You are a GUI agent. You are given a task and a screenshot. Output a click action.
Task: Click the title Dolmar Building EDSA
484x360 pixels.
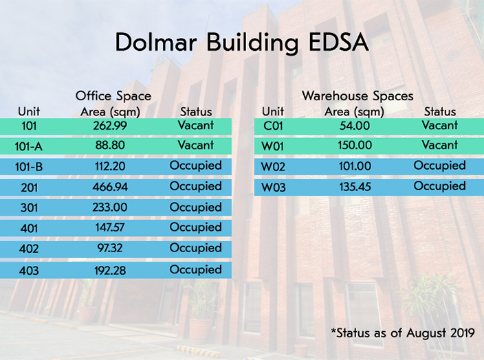[x=242, y=43]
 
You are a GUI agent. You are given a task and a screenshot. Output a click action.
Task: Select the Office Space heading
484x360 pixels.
[x=113, y=95]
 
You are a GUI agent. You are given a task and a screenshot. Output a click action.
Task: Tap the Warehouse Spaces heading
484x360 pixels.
[x=357, y=95]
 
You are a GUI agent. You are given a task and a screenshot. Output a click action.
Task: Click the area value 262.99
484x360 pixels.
[x=110, y=126]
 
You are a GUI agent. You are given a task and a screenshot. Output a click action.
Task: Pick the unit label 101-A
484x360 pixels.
[x=29, y=146]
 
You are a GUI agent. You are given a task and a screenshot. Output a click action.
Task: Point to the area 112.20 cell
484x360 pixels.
[x=110, y=166]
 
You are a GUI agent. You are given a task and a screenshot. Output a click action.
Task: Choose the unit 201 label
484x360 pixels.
[x=29, y=187]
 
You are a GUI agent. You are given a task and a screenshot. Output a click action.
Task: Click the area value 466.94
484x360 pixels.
[x=110, y=187]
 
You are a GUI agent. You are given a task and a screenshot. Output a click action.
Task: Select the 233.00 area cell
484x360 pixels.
[x=110, y=207]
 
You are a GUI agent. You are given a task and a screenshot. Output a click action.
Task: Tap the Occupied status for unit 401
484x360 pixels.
[x=196, y=227]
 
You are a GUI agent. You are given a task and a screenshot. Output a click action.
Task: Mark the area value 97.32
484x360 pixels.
[x=110, y=248]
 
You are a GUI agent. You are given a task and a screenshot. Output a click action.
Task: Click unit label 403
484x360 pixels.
[x=29, y=271]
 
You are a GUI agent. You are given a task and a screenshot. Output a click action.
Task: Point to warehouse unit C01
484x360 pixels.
[x=273, y=126]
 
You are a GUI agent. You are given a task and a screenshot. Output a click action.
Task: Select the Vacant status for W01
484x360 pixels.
[x=440, y=145]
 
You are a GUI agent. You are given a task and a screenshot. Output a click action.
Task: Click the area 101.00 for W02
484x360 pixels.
[x=355, y=166]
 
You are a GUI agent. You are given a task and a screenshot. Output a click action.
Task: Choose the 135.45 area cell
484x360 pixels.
[x=355, y=187]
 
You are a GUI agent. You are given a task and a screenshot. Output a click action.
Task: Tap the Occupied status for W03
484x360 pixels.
[x=440, y=186]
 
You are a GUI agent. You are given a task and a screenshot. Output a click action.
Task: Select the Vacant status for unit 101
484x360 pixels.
[x=196, y=125]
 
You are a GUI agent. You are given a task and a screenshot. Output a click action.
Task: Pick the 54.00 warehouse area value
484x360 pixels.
[x=355, y=126]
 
